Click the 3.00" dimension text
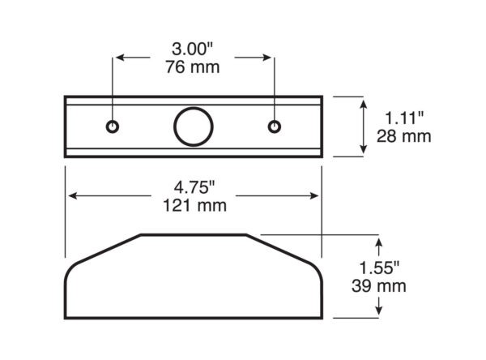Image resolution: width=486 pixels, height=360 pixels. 193,49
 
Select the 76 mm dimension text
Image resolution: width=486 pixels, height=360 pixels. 193,67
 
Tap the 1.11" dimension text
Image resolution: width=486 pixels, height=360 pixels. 404,118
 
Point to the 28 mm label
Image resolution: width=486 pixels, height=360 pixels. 404,136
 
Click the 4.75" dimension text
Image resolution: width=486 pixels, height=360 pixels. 194,187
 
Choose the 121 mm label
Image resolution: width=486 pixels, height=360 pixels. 194,205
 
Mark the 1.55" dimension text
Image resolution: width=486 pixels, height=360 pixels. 379,268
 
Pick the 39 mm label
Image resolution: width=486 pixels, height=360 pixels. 379,286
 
